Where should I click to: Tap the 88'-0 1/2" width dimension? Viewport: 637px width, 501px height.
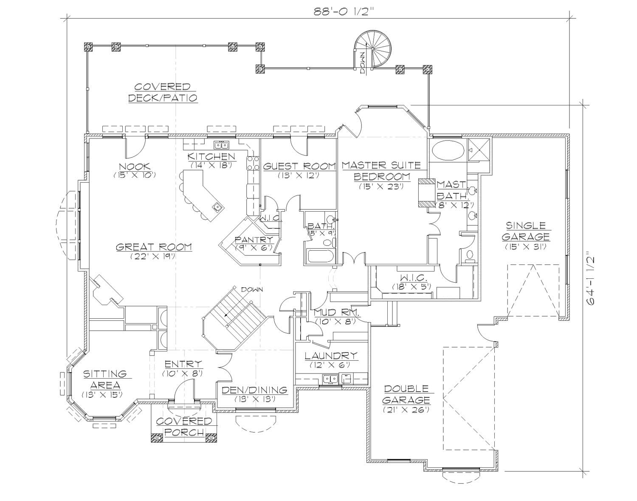click(340, 11)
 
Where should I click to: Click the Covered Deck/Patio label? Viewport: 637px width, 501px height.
click(163, 92)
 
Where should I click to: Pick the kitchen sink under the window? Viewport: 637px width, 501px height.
click(221, 144)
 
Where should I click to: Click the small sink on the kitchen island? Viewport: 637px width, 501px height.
click(217, 207)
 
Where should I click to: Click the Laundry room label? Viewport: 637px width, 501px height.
click(331, 355)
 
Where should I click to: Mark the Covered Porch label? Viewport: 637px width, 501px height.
click(184, 427)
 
